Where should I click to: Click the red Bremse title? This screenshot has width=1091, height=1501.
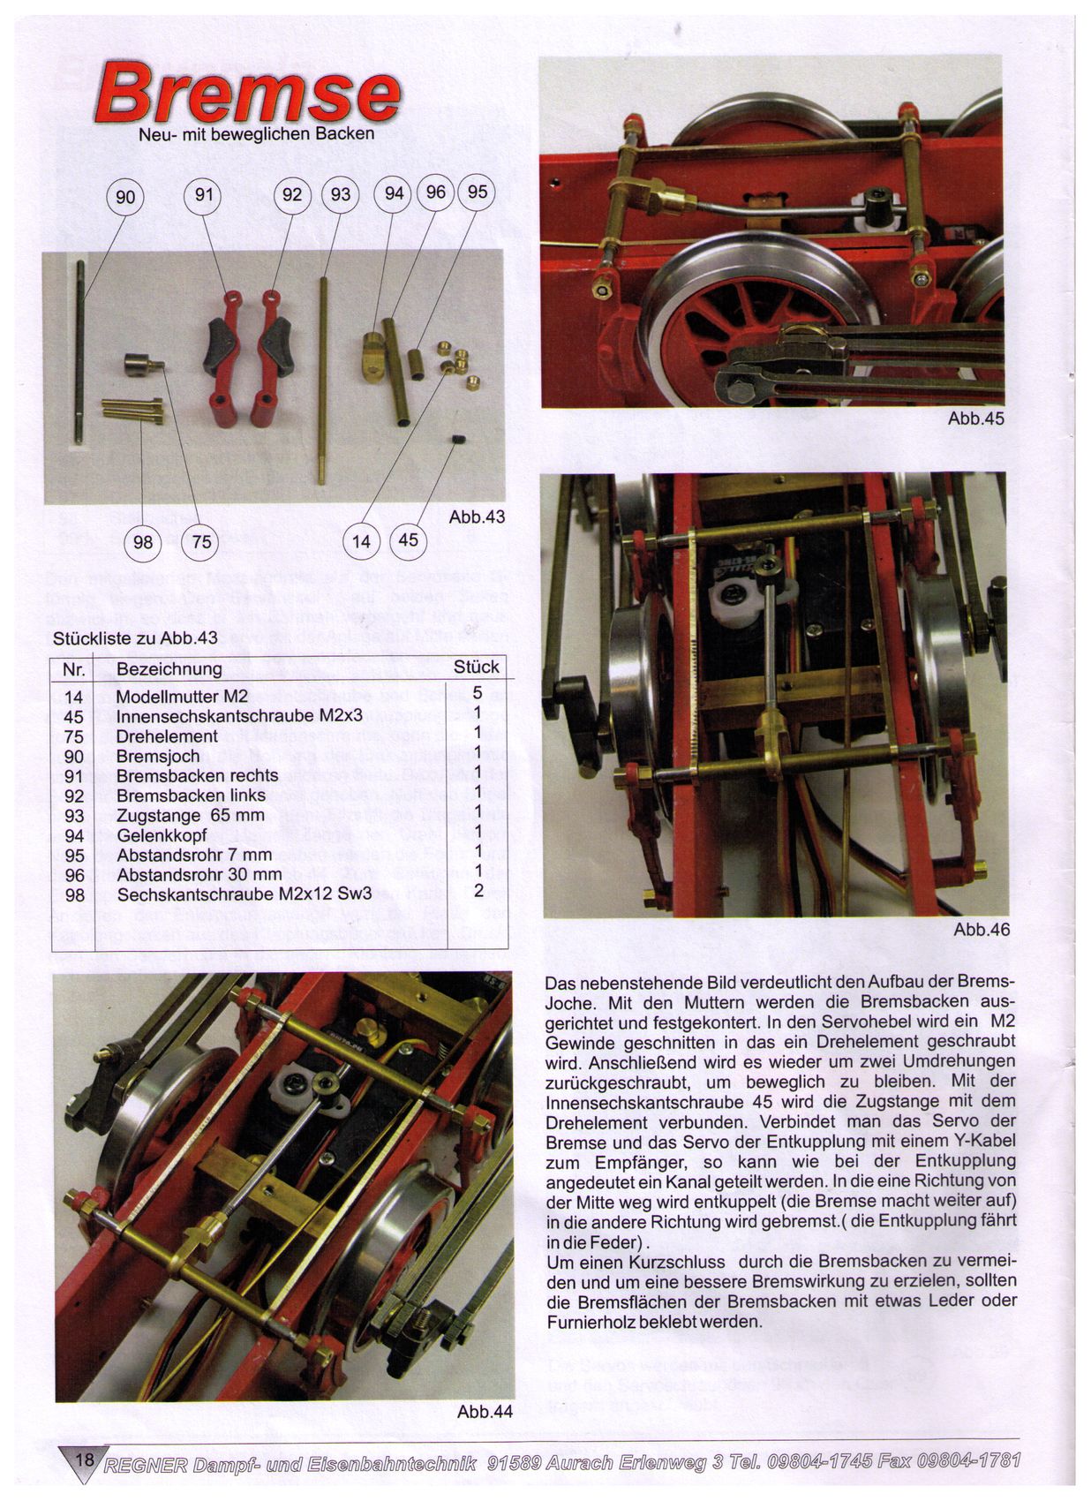248,93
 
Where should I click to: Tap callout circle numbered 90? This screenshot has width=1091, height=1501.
125,197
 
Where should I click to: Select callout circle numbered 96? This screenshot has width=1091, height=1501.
435,192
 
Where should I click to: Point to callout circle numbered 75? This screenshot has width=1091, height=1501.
201,541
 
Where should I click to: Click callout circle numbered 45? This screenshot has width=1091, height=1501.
408,539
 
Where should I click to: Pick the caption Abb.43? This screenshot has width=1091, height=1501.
476,517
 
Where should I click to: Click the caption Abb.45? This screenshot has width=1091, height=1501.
975,419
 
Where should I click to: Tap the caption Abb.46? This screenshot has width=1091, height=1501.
982,930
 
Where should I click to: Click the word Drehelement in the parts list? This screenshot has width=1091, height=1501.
167,735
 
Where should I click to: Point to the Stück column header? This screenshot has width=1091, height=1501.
476,667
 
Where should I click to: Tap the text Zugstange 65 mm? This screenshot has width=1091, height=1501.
190,816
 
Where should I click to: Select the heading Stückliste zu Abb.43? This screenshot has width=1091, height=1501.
135,637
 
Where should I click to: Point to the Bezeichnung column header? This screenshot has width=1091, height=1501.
169,668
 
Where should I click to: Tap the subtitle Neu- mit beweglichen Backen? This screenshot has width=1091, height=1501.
257,134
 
